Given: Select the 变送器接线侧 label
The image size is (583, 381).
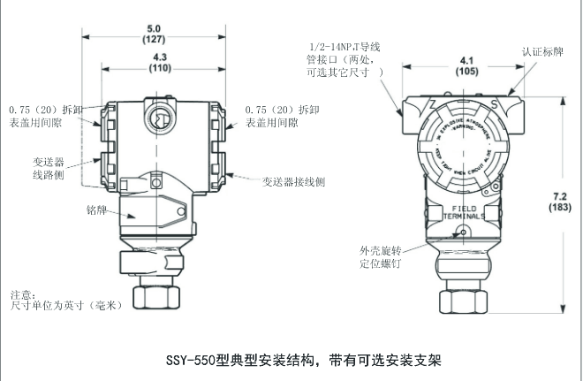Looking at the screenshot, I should coord(293,181).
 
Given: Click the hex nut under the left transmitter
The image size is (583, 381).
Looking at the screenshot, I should coord(153,295).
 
